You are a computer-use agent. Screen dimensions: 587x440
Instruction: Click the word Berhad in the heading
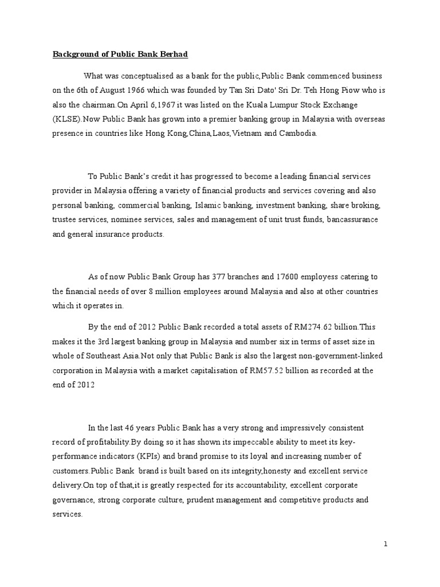point(173,54)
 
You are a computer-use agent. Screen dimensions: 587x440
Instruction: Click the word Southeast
point(94,356)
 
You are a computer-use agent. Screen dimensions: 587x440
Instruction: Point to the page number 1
point(386,545)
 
